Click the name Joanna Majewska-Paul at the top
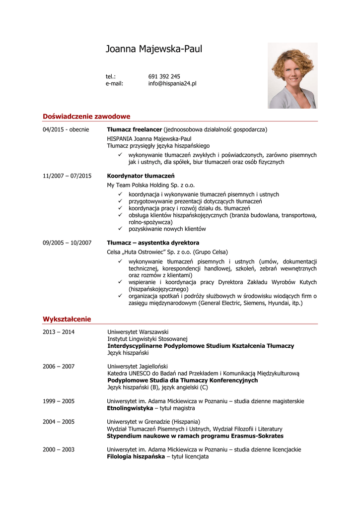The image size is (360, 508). coord(154,49)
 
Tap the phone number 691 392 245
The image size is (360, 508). coord(164,76)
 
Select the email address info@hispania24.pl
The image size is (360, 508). coord(172,83)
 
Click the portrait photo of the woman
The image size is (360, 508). coord(292,75)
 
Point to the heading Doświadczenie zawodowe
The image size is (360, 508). coord(86,117)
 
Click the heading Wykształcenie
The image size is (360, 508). coord(67,319)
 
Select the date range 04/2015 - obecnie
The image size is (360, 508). coord(66,129)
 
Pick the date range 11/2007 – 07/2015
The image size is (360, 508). coord(67,176)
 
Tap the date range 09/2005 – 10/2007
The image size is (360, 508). coord(67,243)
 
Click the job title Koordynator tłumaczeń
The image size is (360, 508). coord(141,176)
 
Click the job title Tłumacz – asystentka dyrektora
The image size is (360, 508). coord(153,243)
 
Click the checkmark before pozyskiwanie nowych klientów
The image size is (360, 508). coord(120,229)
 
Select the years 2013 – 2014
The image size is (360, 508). coord(59,332)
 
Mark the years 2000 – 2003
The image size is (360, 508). coord(59,449)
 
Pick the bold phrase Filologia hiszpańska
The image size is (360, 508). coord(136,456)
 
